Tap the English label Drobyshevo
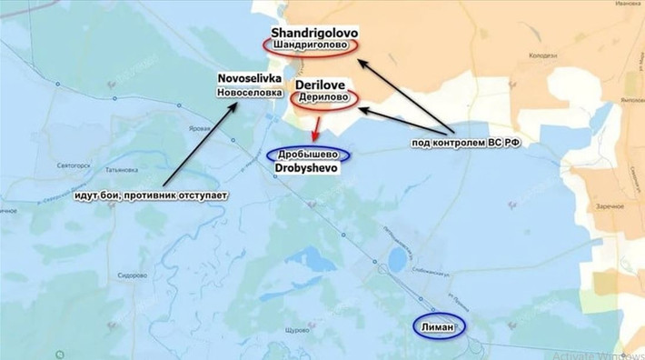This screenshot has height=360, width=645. (311, 169)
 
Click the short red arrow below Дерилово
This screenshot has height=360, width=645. (317, 126)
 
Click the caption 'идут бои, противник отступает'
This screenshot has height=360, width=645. (152, 195)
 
